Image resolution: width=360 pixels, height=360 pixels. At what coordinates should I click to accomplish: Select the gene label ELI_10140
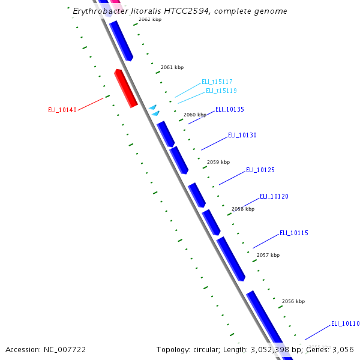62,110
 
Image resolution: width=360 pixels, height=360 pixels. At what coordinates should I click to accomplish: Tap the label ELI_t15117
217,82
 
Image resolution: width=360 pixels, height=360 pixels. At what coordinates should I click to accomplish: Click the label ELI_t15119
221,91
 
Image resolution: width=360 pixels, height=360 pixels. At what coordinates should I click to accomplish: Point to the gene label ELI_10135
230,110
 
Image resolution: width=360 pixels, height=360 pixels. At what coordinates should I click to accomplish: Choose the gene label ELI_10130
242,136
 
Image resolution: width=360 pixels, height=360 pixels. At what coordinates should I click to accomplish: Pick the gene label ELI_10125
260,170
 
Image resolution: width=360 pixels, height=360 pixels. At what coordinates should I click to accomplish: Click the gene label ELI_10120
274,197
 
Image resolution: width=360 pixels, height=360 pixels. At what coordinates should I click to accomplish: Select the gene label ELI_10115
294,233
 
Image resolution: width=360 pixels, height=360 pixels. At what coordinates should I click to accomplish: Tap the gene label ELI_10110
346,324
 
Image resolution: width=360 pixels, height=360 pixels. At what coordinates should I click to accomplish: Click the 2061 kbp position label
172,68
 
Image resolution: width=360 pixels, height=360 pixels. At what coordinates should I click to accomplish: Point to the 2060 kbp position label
195,115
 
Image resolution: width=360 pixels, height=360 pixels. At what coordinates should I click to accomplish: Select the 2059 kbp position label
218,162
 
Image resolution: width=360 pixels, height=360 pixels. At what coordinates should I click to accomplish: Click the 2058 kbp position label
243,209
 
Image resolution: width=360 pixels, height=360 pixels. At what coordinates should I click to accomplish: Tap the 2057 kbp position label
268,256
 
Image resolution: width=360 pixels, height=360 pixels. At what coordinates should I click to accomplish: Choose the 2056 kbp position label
293,302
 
